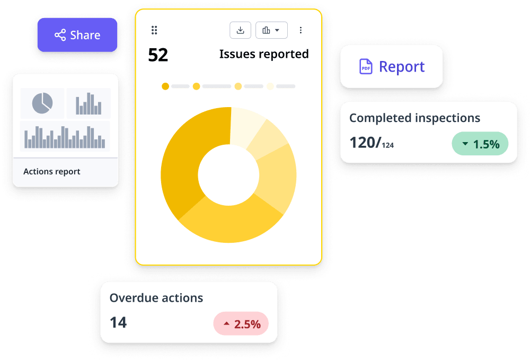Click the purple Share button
[77, 35]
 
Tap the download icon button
[240, 30]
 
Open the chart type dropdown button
[271, 30]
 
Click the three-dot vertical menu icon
[301, 30]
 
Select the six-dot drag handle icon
[154, 30]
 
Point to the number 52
[158, 55]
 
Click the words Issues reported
[264, 54]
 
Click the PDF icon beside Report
[366, 67]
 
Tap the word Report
[402, 67]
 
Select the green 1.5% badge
[480, 144]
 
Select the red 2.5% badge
[241, 324]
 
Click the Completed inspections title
[414, 118]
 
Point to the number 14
[118, 322]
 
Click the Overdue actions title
[156, 298]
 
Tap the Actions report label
[52, 172]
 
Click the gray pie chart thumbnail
[42, 103]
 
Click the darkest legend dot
[165, 86]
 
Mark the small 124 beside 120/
[388, 145]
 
